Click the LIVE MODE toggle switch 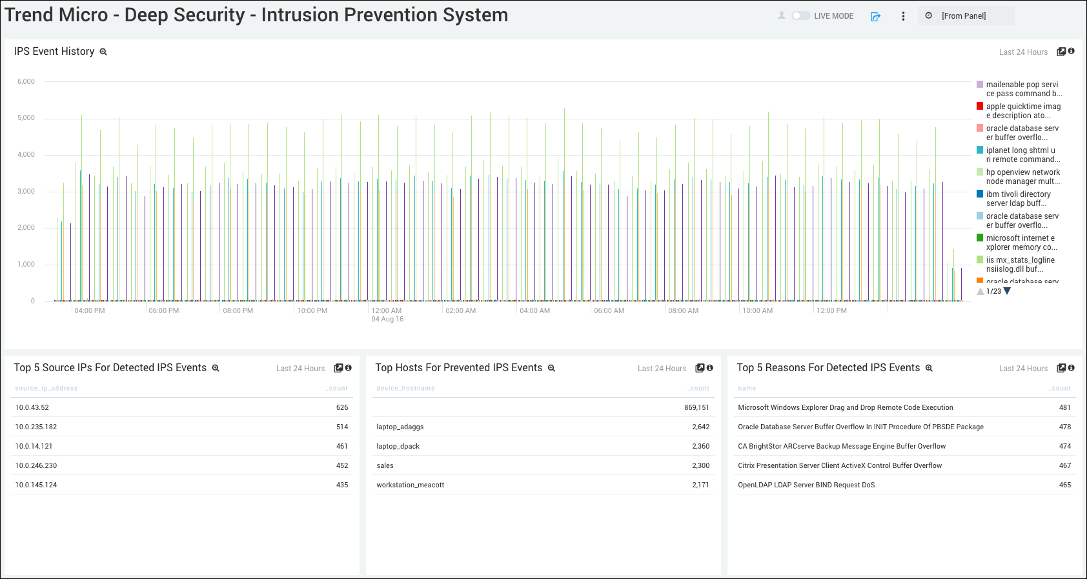[801, 15]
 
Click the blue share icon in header [875, 16]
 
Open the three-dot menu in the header [903, 16]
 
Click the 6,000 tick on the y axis [26, 81]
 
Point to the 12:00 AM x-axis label [387, 310]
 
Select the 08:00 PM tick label [238, 310]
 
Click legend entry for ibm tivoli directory [1018, 198]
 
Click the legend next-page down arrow [1008, 291]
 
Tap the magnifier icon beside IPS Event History [103, 52]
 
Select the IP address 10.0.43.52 [32, 407]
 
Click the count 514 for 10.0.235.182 [342, 427]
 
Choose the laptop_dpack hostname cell [398, 446]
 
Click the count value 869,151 [696, 407]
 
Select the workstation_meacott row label [411, 485]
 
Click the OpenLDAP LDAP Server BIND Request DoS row [806, 485]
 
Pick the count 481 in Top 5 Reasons [1064, 407]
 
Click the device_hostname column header [405, 388]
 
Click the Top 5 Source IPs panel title [110, 367]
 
